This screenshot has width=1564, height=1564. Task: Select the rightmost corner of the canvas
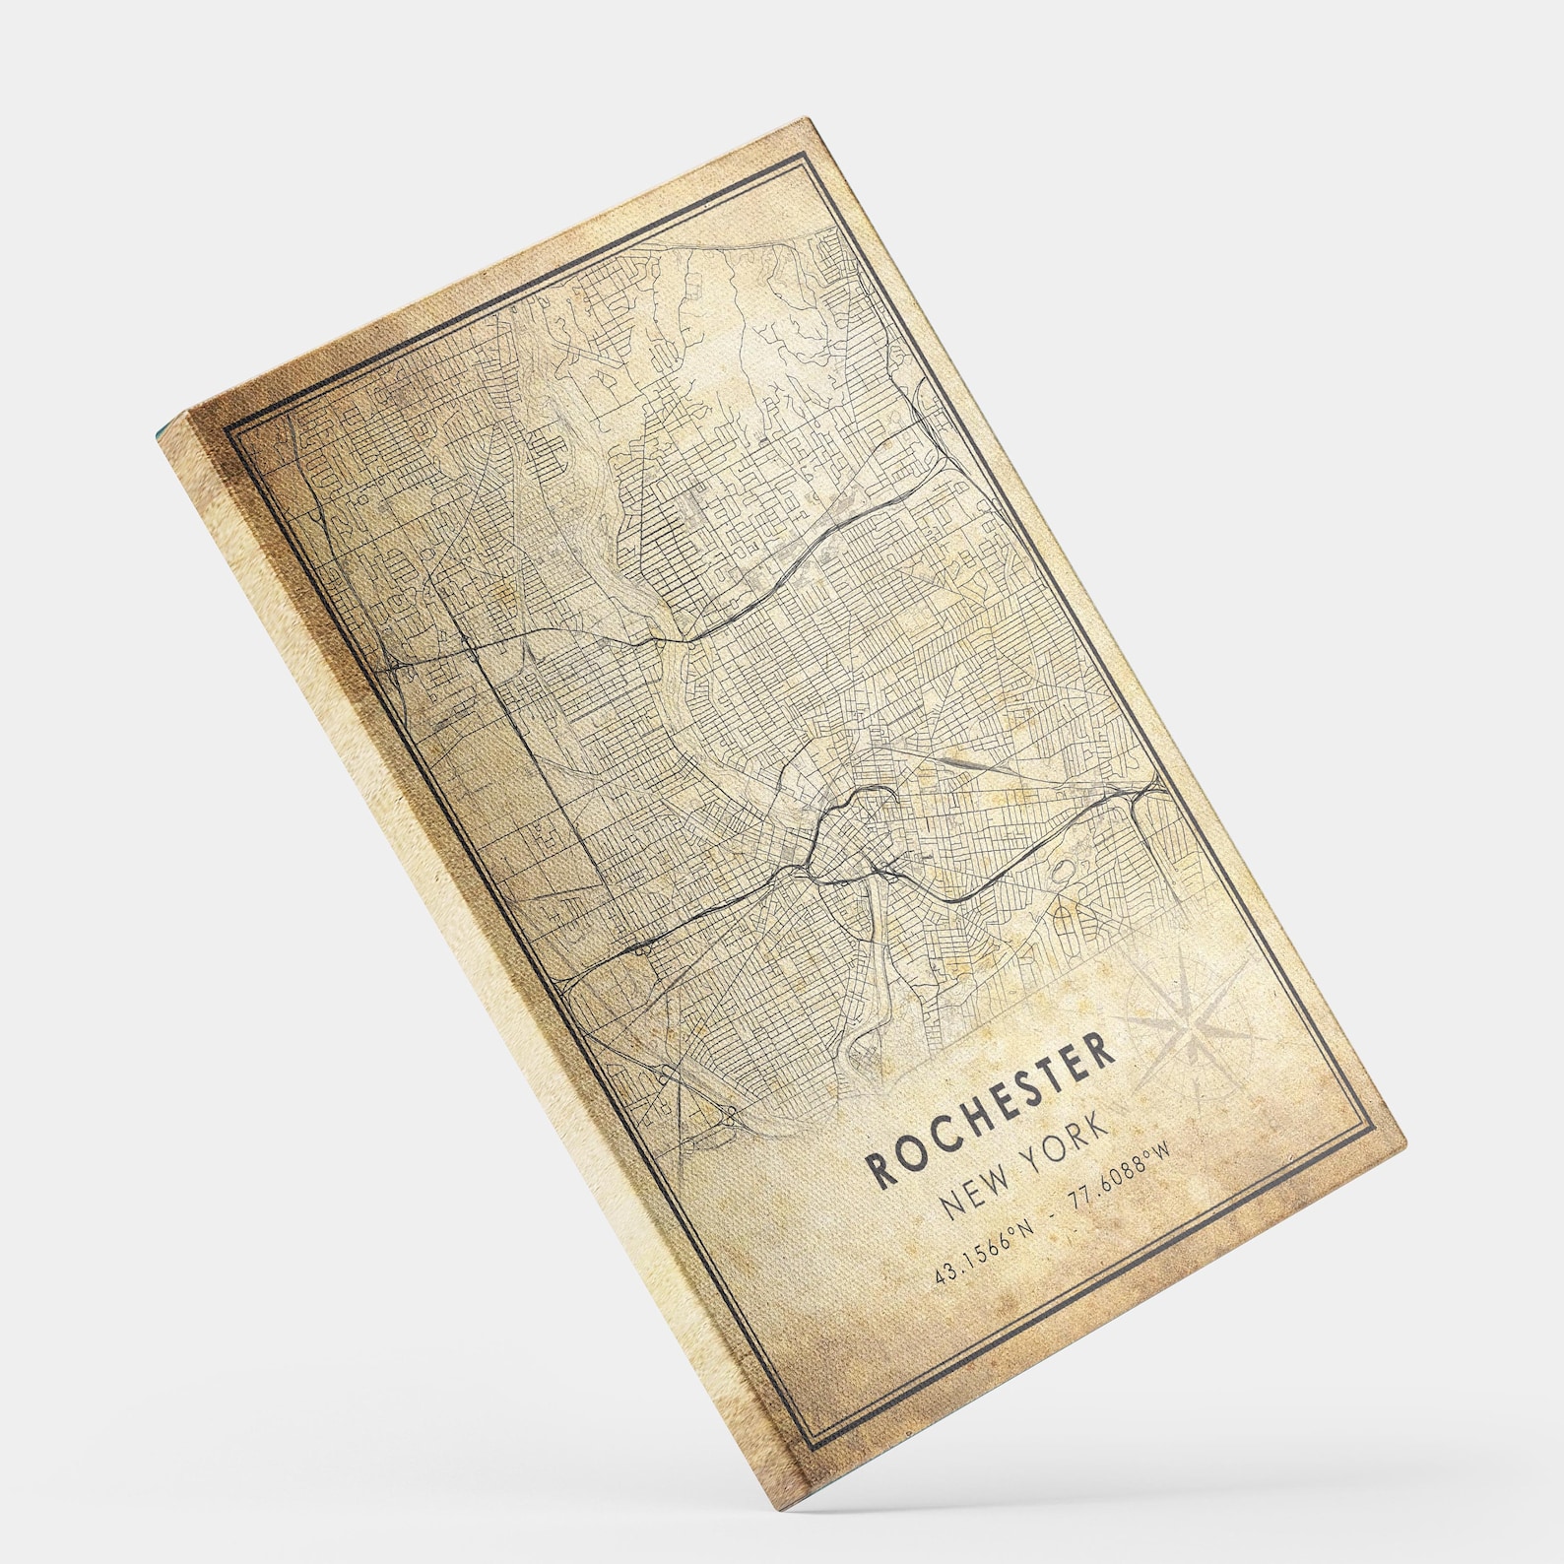click(1406, 1140)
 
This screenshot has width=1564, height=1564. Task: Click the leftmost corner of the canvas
click(160, 433)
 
